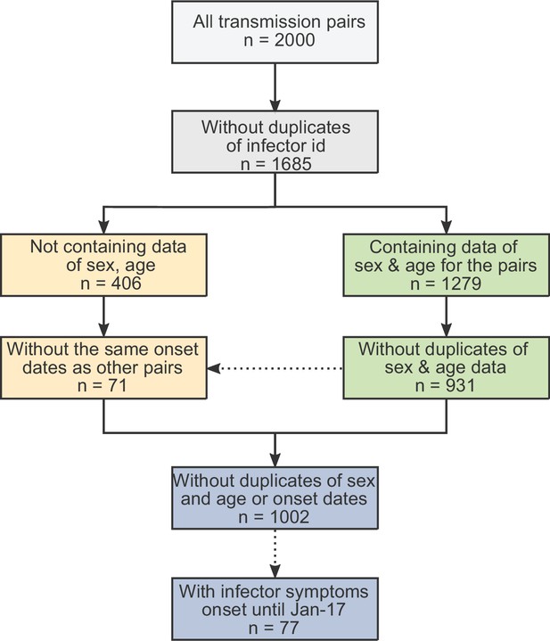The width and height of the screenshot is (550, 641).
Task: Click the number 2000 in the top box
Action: point(294,40)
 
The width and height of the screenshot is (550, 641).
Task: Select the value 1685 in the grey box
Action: point(291,164)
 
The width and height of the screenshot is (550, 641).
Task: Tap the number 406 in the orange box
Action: point(126,284)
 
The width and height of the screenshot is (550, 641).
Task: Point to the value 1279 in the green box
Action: point(462,284)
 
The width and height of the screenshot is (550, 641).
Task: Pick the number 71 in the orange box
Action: point(118,385)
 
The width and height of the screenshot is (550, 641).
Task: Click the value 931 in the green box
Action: point(460,385)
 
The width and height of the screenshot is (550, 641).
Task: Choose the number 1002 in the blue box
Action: point(289,517)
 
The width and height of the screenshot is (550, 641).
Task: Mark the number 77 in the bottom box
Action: point(289,628)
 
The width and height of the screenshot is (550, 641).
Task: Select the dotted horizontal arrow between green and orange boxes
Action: point(275,368)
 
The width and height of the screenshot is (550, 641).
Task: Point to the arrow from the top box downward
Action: point(275,86)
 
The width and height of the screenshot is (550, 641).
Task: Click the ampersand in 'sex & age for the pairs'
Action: point(393,266)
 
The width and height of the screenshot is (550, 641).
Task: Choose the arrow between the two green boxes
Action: point(447,316)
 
